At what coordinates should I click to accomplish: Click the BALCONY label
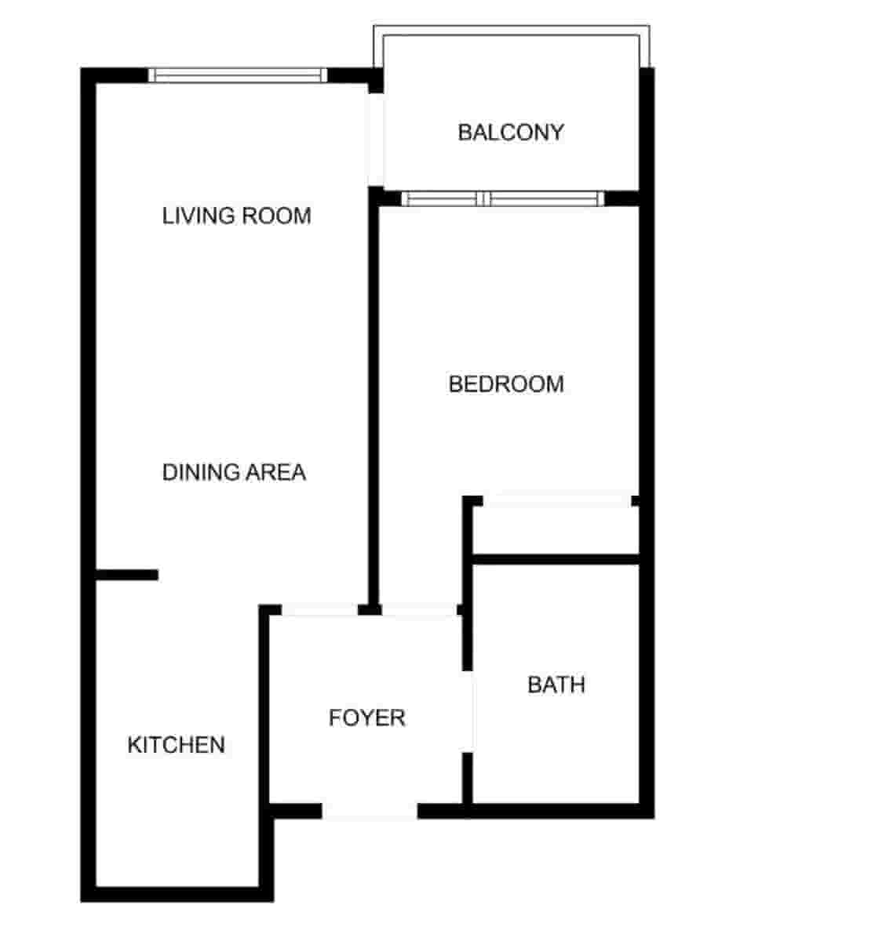click(510, 132)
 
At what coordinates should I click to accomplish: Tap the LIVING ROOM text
click(236, 216)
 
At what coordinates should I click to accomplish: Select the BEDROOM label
click(506, 384)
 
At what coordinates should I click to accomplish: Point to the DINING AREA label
click(234, 472)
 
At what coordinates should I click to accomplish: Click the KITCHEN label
click(176, 744)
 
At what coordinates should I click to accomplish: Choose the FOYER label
click(366, 718)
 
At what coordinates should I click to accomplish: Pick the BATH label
click(556, 685)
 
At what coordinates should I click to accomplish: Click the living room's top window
click(238, 75)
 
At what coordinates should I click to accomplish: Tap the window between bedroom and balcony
click(502, 198)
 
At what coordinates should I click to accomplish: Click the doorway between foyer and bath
click(468, 711)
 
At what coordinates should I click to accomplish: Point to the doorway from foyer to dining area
click(320, 609)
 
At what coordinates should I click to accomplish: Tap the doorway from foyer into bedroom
click(419, 609)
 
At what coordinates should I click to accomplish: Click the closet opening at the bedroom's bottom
click(557, 500)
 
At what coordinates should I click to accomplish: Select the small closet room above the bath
click(556, 530)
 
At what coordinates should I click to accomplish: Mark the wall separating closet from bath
click(556, 559)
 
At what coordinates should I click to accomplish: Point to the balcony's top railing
click(510, 31)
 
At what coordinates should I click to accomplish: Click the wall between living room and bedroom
click(374, 400)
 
